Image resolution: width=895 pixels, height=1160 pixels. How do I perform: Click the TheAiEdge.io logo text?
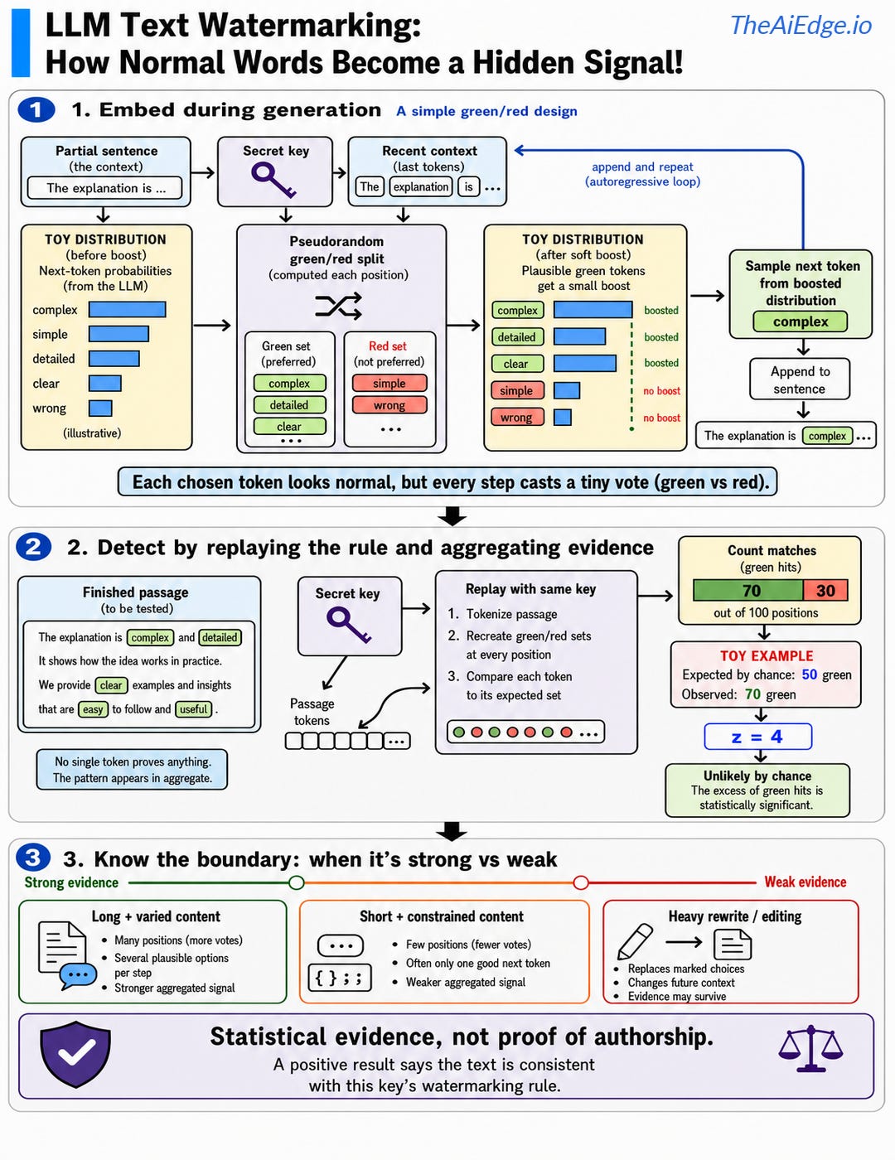801,25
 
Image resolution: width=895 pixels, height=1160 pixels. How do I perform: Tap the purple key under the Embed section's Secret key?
273,181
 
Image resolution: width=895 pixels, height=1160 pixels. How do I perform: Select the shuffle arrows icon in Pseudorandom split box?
338,306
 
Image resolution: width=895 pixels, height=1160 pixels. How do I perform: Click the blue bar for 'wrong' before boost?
100,408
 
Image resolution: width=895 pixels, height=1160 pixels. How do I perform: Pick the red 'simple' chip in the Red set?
389,384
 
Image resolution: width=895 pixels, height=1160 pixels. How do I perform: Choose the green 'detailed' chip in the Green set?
289,405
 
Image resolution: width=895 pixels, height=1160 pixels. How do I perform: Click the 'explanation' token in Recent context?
420,186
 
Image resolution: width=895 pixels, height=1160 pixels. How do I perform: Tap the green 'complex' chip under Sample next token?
801,321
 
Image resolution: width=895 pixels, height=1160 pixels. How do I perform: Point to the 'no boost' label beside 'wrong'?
662,418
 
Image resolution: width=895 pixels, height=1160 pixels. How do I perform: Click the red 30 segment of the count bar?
825,591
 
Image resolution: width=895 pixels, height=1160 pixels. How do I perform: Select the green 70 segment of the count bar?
748,591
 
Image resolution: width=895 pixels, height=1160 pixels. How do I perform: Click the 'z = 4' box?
757,737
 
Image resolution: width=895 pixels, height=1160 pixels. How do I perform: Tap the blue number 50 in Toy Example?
809,674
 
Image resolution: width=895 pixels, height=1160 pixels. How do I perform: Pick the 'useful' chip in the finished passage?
193,709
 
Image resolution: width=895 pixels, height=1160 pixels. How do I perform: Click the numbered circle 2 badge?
33,547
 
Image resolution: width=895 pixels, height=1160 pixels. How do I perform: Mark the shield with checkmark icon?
75,1054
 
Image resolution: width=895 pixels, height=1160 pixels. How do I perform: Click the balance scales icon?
810,1048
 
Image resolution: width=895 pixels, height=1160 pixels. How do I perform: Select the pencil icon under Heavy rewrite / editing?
635,941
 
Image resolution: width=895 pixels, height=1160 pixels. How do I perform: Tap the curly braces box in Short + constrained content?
340,978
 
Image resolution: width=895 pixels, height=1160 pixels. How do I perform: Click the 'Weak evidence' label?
805,882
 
